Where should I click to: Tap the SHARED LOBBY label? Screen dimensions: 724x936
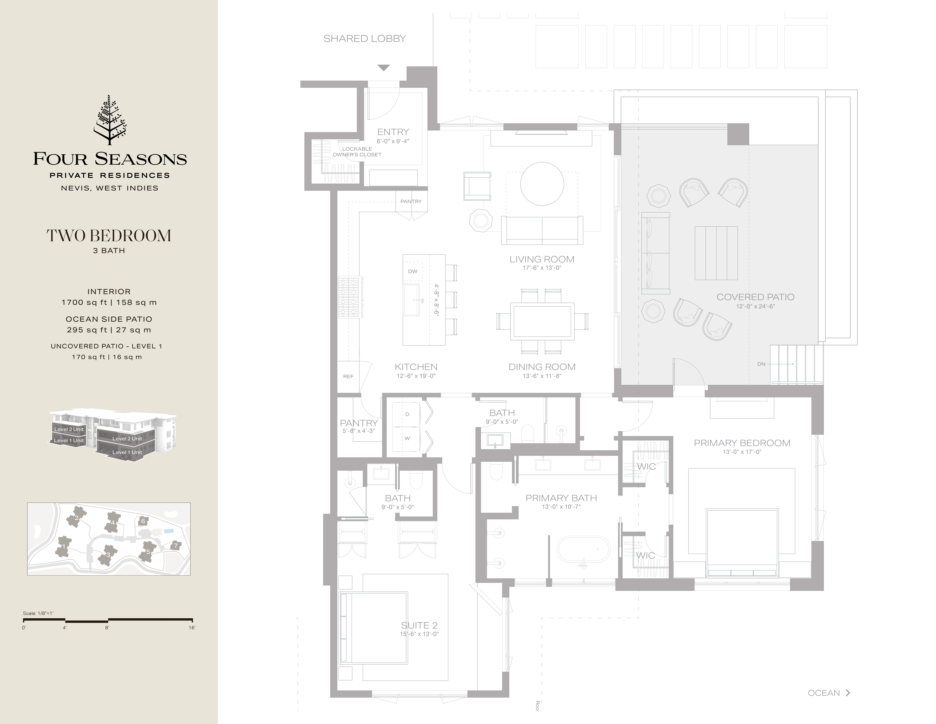pyautogui.click(x=364, y=39)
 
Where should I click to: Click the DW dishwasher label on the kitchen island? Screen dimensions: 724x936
pyautogui.click(x=413, y=271)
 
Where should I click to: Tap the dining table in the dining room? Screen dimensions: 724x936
pyautogui.click(x=542, y=321)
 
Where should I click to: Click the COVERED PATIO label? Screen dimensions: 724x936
pyautogui.click(x=755, y=297)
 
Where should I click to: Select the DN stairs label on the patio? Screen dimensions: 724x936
pyautogui.click(x=761, y=364)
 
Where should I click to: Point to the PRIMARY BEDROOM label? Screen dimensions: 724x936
pyautogui.click(x=742, y=443)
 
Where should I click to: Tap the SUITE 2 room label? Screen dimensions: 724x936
pyautogui.click(x=419, y=625)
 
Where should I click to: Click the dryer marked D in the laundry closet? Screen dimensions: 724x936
pyautogui.click(x=407, y=414)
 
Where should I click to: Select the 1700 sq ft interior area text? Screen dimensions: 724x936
pyautogui.click(x=109, y=302)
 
